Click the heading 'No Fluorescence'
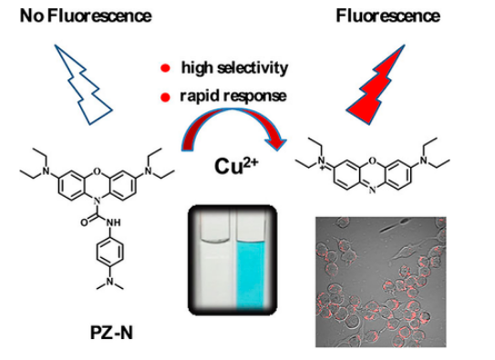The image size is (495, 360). (x=86, y=15)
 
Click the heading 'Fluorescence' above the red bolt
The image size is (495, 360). (x=388, y=15)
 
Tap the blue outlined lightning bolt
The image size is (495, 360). (x=83, y=85)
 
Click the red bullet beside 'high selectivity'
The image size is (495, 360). (x=165, y=67)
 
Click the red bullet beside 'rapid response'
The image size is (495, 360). (x=165, y=98)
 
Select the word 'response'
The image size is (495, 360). (x=255, y=97)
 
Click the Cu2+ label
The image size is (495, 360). (x=236, y=165)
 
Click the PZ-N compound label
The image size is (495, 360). (x=111, y=333)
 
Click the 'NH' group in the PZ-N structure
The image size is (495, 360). (x=114, y=222)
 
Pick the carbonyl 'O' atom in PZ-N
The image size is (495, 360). (x=84, y=222)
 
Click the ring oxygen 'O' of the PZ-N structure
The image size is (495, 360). (x=98, y=171)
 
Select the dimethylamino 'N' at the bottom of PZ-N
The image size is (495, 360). (x=109, y=281)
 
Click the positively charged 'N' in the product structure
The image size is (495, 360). (x=322, y=161)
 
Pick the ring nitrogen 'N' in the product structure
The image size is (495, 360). (x=373, y=190)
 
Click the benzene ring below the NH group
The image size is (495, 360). (x=109, y=252)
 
